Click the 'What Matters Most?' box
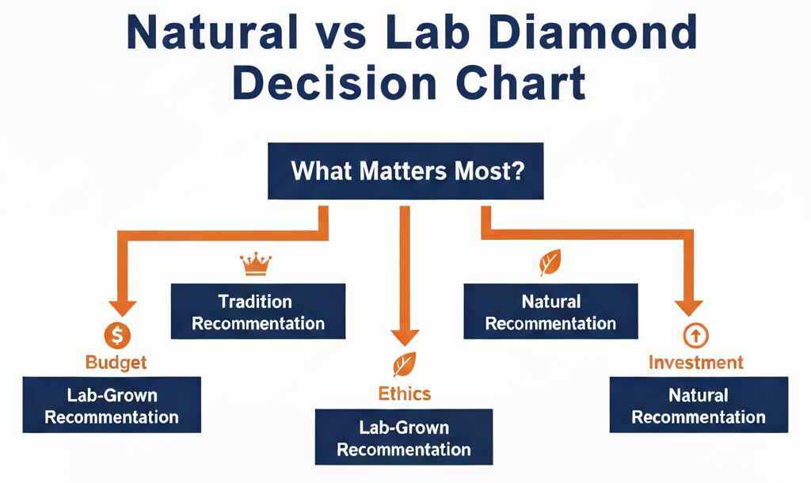coord(405,171)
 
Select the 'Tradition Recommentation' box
coord(258,311)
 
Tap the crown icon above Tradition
coord(256,264)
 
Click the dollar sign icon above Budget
coord(117,336)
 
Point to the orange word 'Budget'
coord(116,363)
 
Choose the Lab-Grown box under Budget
coord(112,405)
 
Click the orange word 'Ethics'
coord(405,394)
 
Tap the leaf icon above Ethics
coord(405,364)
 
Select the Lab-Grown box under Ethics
coord(404,437)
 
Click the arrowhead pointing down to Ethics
coord(405,337)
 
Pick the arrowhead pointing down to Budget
coord(123,308)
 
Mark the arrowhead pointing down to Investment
coord(689,308)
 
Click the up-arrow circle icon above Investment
coord(695,337)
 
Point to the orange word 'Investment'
coord(696,363)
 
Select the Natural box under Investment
coord(699,405)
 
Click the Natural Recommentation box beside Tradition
coord(551,311)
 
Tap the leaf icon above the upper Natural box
coord(550,263)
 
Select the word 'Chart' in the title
coord(520,82)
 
